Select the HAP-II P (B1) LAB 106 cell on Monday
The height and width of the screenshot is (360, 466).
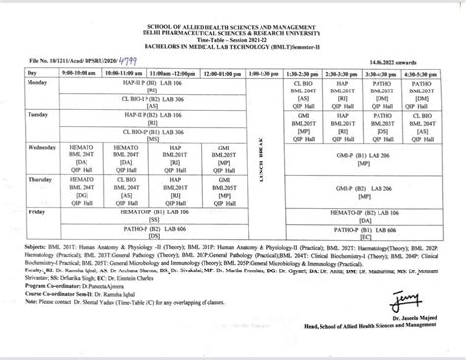click(151, 85)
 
